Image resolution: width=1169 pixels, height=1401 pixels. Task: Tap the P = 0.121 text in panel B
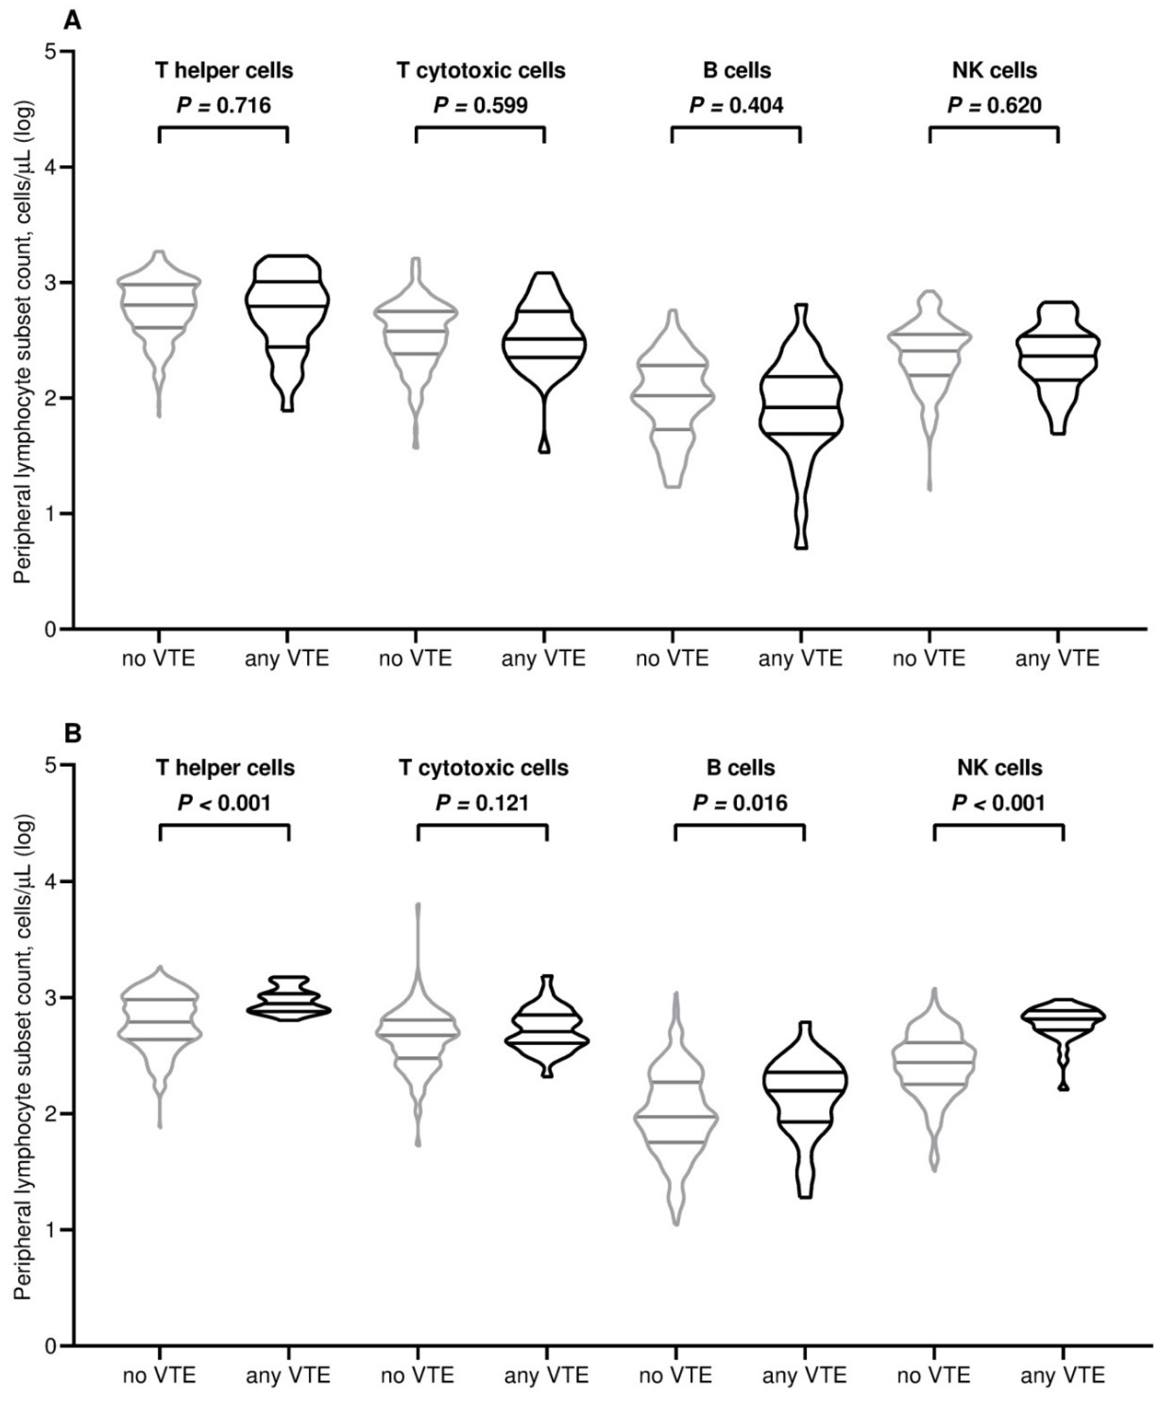[482, 803]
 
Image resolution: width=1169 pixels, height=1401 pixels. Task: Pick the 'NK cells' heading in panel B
[1000, 768]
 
